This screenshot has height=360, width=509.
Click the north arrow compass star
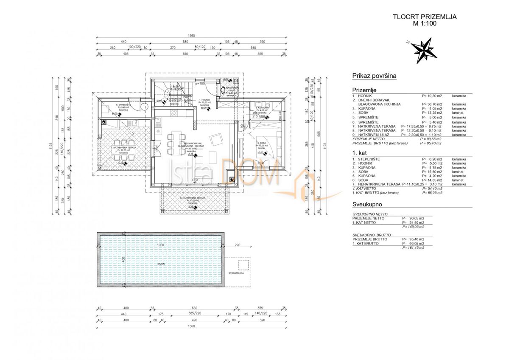424,49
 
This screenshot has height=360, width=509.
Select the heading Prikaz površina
374,76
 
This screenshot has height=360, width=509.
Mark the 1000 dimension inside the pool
159,245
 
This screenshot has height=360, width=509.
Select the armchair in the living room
217,138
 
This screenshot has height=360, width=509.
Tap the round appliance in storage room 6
144,107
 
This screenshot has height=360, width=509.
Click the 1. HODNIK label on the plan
205,100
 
